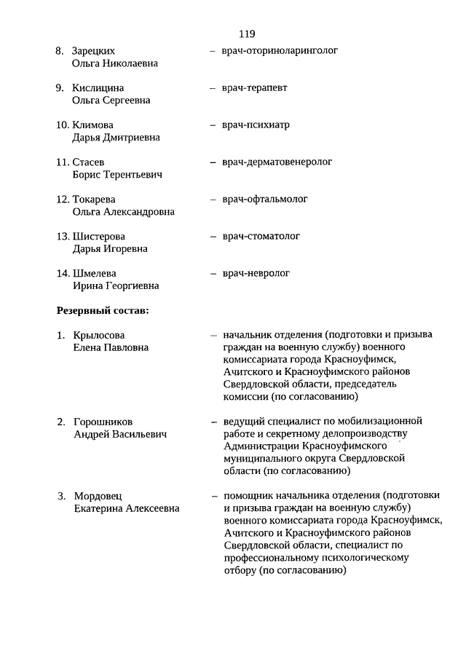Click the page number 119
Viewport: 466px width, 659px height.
[x=246, y=33]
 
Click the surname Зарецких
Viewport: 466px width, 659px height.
[x=94, y=51]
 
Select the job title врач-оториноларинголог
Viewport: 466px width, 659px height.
[x=280, y=51]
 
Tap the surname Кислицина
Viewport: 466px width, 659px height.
[x=98, y=88]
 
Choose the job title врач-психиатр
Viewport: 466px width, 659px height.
[x=256, y=125]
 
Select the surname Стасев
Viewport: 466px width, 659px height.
[x=89, y=162]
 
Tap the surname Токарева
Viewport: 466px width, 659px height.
[x=94, y=200]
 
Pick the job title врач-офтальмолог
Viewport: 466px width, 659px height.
[x=265, y=199]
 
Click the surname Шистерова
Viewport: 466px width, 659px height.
[x=99, y=237]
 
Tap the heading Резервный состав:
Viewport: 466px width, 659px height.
[x=103, y=310]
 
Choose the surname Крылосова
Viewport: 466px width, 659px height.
[x=99, y=335]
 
